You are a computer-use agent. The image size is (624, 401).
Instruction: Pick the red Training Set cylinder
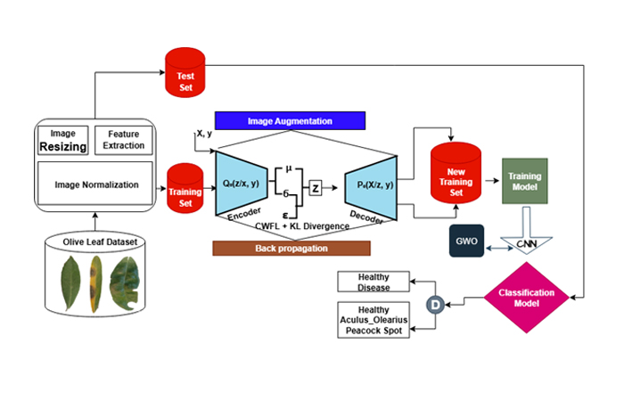[185, 187]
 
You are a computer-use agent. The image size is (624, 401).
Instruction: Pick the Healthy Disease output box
[374, 282]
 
